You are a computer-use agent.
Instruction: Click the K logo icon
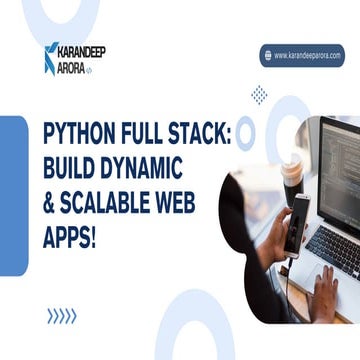tap(50, 58)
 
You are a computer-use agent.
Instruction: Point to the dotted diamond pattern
tap(260, 95)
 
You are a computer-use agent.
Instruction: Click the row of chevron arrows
tap(61, 316)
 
